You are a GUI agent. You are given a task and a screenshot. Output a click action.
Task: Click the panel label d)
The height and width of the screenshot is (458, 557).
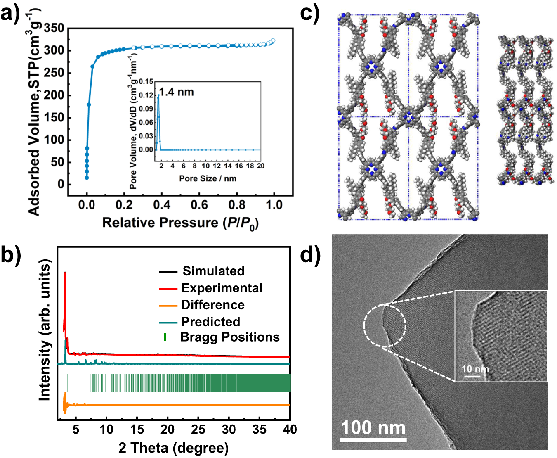pyautogui.click(x=310, y=254)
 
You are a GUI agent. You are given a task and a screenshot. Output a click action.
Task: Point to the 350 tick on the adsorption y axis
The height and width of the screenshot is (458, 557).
pyautogui.click(x=54, y=28)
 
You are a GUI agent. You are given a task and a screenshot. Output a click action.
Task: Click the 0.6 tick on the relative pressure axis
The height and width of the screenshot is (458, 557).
pyautogui.click(x=199, y=205)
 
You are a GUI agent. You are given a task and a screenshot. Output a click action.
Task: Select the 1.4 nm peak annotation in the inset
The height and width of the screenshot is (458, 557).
pyautogui.click(x=176, y=92)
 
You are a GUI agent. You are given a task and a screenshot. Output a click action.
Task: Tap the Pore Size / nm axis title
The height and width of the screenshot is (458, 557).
pyautogui.click(x=208, y=179)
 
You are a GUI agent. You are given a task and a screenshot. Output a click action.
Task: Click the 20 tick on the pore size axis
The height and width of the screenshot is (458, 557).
pyautogui.click(x=260, y=166)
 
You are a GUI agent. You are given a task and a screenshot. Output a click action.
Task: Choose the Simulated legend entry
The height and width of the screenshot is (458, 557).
pyautogui.click(x=213, y=271)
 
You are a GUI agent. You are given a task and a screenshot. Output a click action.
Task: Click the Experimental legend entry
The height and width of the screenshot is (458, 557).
pyautogui.click(x=222, y=288)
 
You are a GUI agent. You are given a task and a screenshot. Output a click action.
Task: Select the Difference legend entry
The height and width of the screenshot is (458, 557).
pyautogui.click(x=212, y=305)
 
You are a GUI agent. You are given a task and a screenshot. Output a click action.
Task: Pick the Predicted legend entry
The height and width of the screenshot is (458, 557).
pyautogui.click(x=210, y=321)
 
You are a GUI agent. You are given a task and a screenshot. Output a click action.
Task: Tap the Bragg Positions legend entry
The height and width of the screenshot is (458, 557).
pyautogui.click(x=230, y=337)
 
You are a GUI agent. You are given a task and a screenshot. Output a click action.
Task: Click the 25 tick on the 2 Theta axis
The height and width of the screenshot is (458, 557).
pyautogui.click(x=198, y=430)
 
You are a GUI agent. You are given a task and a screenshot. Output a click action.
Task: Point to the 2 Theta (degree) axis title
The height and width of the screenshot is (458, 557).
pyautogui.click(x=173, y=448)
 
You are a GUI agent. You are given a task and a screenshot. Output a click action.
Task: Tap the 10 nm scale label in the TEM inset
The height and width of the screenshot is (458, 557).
pyautogui.click(x=475, y=369)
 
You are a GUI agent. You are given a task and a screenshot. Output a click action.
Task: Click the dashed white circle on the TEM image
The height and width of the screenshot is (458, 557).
pyautogui.click(x=385, y=326)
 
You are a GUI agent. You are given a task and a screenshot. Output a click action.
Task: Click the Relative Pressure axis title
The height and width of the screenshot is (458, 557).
pyautogui.click(x=180, y=223)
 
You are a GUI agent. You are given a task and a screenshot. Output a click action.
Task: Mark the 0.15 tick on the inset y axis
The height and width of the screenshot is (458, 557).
pyautogui.click(x=146, y=82)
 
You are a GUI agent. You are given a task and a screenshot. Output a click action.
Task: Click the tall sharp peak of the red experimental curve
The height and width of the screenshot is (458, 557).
pyautogui.click(x=65, y=273)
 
